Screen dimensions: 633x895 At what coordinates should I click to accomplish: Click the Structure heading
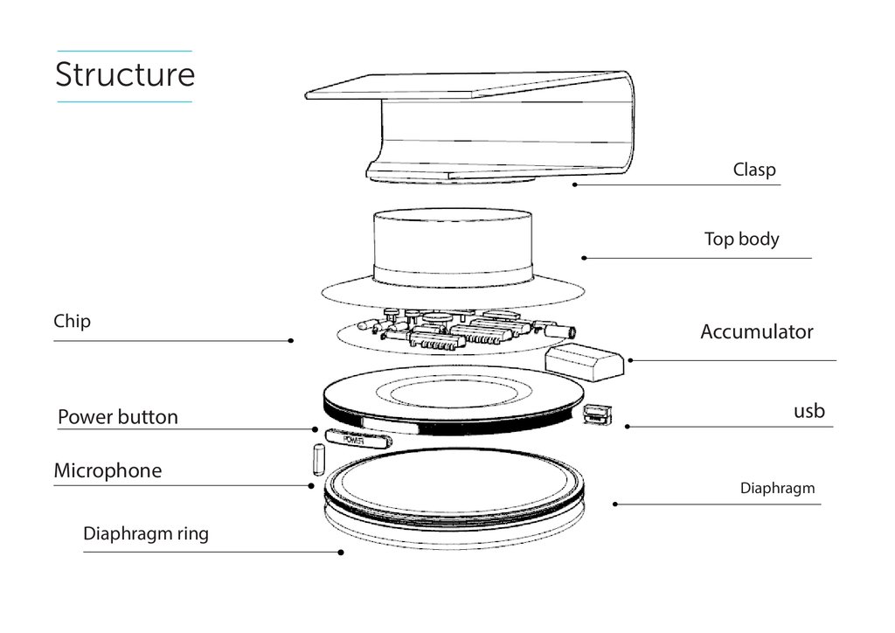pos(124,75)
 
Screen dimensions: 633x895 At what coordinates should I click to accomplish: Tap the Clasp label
pos(753,170)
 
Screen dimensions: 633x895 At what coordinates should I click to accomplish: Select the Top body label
pos(741,239)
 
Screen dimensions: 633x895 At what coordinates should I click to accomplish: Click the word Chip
pos(72,321)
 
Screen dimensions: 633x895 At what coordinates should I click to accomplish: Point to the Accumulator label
pos(756,332)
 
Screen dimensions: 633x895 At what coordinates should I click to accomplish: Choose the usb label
pos(808,410)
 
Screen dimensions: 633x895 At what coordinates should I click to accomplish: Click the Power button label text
pos(117,417)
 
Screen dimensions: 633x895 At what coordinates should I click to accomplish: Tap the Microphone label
pos(108,471)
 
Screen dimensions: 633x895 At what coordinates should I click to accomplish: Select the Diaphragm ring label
pos(145,533)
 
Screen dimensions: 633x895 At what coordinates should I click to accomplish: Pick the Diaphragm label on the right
pos(777,488)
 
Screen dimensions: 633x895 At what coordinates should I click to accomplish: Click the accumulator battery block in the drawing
pos(584,361)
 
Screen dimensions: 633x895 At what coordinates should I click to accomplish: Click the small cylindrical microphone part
pos(319,458)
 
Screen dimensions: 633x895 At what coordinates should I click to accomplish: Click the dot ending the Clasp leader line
pos(574,184)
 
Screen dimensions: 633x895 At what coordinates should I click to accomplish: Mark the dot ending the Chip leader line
pos(291,341)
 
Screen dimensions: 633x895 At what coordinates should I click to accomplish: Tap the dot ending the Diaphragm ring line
pos(340,553)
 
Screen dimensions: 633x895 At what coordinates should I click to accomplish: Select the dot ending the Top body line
pos(584,258)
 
